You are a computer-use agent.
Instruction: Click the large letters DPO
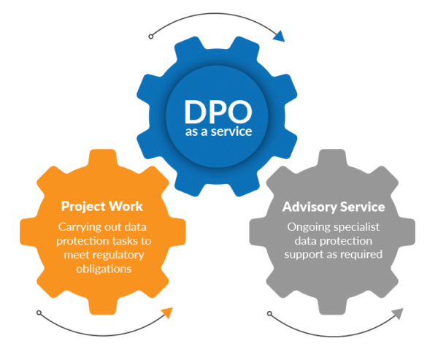(218, 112)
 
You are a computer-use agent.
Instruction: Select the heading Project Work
(102, 207)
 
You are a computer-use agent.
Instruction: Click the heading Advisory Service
(334, 207)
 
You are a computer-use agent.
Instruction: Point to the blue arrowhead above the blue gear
(279, 37)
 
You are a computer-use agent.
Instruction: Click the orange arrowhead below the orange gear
(167, 313)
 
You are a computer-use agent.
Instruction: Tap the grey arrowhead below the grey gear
(398, 313)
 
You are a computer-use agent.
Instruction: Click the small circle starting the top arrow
(151, 37)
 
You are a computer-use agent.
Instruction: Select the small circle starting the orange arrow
(39, 313)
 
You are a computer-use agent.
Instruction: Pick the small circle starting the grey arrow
(269, 313)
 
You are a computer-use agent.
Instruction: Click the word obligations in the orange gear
(104, 269)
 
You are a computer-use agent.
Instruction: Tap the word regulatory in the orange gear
(118, 255)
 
